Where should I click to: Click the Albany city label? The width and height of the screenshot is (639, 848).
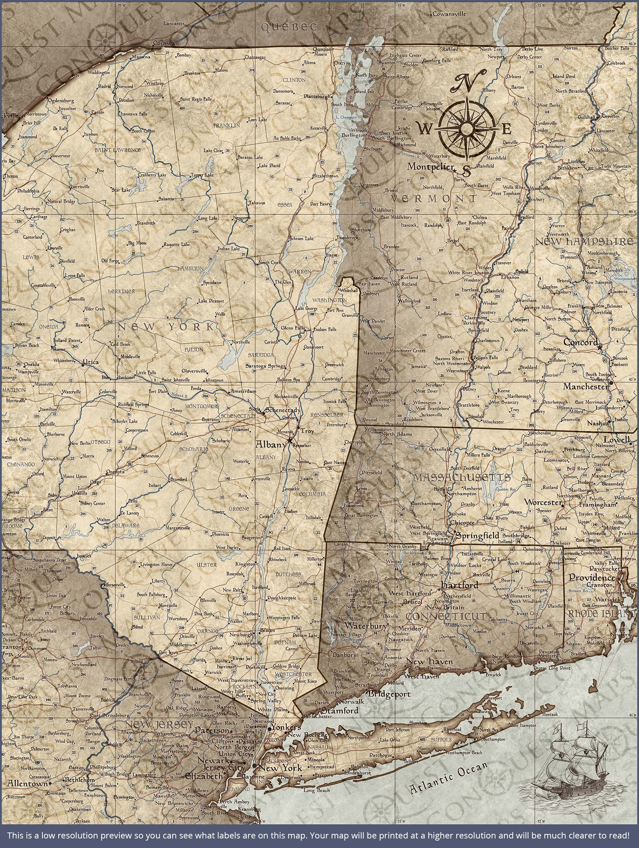(x=271, y=445)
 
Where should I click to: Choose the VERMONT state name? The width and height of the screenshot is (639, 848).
(x=433, y=199)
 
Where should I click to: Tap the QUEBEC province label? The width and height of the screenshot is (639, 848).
(x=289, y=27)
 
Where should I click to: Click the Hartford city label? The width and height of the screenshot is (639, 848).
(x=459, y=585)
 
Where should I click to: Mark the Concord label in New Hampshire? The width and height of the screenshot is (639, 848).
(x=580, y=342)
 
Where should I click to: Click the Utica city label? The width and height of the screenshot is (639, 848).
(x=90, y=362)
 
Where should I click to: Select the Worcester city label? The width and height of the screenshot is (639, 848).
(x=543, y=502)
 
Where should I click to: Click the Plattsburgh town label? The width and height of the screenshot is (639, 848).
(x=317, y=96)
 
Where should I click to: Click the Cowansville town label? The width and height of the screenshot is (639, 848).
(x=450, y=14)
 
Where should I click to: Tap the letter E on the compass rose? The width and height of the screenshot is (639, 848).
(x=506, y=129)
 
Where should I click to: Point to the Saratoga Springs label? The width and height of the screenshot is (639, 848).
(x=265, y=366)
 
